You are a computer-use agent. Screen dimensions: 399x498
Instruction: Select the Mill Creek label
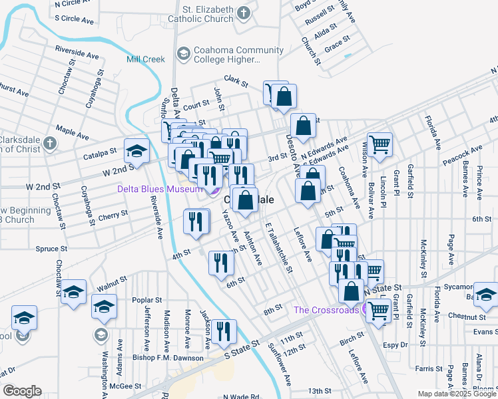pos(146,59)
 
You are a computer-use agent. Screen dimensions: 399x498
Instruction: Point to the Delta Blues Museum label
pos(159,189)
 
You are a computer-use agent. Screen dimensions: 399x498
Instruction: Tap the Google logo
pos(23,391)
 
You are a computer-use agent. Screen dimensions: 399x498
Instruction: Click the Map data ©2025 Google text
pos(456,394)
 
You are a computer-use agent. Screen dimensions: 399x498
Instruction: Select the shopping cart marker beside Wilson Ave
pos(379,145)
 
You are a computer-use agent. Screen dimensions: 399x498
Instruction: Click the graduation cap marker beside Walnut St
pos(74,292)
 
